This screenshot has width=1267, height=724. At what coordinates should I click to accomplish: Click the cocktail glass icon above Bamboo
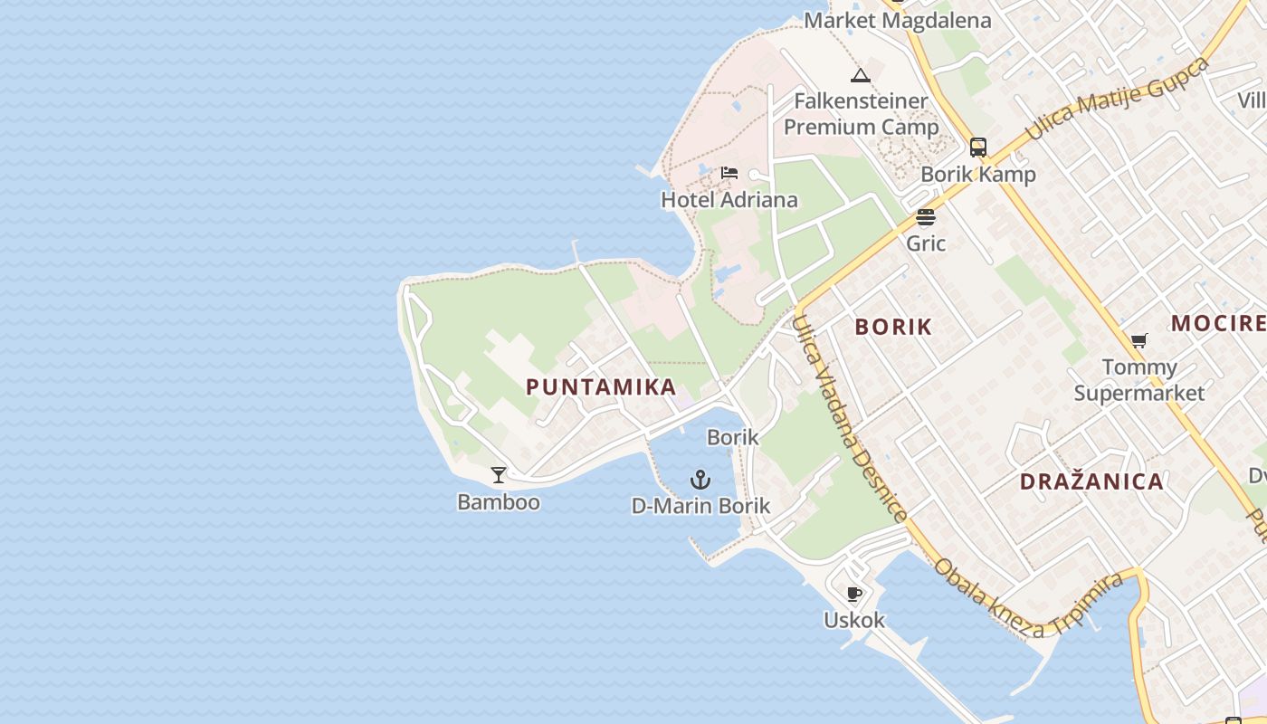[x=499, y=475]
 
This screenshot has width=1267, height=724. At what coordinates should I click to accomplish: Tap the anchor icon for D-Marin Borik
[x=700, y=480]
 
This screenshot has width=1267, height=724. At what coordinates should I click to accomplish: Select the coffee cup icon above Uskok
[x=853, y=594]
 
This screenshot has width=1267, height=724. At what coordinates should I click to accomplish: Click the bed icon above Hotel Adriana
[x=729, y=173]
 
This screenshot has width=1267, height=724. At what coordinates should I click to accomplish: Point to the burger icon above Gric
[x=925, y=217]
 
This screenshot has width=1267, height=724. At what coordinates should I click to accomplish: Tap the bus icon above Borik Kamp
[x=978, y=148]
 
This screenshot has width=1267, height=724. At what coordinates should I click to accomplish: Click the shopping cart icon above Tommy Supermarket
[x=1138, y=341]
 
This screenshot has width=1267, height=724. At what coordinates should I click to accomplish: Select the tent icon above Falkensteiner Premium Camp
[x=861, y=75]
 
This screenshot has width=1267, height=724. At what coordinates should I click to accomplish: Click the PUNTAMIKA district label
[x=601, y=387]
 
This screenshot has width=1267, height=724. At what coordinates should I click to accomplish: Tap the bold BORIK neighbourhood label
[x=893, y=327]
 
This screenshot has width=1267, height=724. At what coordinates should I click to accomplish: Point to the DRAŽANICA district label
[x=1091, y=481]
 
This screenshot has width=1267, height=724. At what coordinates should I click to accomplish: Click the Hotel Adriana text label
[x=729, y=200]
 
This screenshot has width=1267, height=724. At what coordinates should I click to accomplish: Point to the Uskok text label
[x=853, y=620]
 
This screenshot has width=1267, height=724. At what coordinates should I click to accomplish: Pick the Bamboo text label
[x=499, y=501]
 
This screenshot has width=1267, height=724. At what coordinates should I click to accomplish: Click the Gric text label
[x=926, y=243]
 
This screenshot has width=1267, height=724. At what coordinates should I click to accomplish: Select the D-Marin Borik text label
[x=700, y=506]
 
